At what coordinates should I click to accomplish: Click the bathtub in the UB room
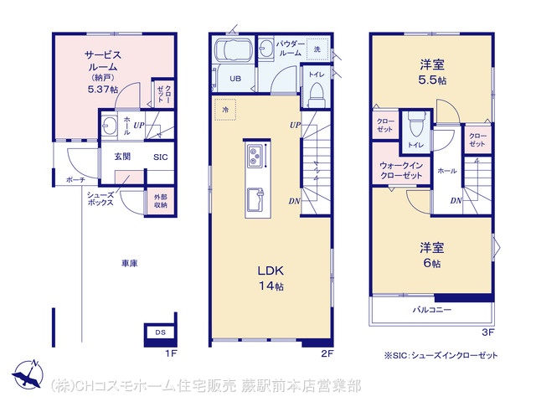point(234,49)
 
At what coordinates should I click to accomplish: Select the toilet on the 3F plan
point(416,125)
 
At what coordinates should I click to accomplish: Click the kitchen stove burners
point(255,156)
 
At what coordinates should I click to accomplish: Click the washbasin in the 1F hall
point(110,126)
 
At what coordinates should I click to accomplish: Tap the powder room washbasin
point(265,49)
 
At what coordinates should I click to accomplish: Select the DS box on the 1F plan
point(160,332)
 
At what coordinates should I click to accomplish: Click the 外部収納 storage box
point(160,201)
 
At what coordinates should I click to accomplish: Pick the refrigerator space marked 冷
point(225,110)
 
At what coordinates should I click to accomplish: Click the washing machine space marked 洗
point(317,49)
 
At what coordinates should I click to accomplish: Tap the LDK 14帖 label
point(271,278)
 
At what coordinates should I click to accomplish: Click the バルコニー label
point(432,310)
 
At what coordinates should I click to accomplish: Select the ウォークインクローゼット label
point(401,170)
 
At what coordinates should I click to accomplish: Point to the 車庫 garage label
point(130,263)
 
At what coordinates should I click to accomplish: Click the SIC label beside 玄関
point(161,157)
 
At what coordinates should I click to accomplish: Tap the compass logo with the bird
point(28,374)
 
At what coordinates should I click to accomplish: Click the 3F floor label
point(487,332)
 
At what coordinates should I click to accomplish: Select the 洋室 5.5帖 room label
point(432,72)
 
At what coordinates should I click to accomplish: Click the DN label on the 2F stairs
point(294,201)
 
